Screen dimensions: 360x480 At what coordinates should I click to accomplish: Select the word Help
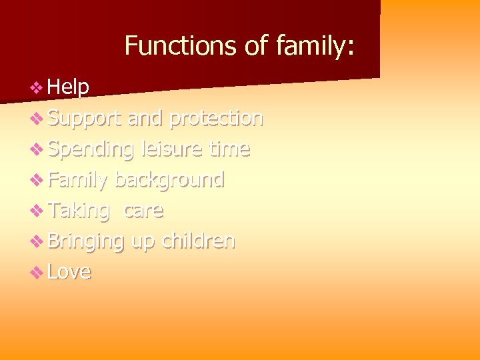pyautogui.click(x=69, y=87)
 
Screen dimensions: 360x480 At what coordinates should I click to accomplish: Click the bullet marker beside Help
pyautogui.click(x=37, y=87)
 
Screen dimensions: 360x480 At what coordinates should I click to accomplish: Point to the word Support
pyautogui.click(x=85, y=118)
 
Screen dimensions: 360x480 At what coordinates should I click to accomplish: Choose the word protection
pyautogui.click(x=216, y=118)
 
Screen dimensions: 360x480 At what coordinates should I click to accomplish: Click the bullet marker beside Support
pyautogui.click(x=37, y=119)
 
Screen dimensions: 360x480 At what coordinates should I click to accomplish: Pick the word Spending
pyautogui.click(x=91, y=149)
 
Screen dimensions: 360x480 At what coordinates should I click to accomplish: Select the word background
pyautogui.click(x=169, y=180)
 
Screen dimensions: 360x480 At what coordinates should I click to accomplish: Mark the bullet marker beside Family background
pyautogui.click(x=37, y=180)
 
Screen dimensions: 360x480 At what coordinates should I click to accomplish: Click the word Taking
pyautogui.click(x=79, y=211)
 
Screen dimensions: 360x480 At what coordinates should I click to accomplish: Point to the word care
pyautogui.click(x=143, y=211)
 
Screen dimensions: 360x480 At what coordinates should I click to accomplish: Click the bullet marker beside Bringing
pyautogui.click(x=37, y=241)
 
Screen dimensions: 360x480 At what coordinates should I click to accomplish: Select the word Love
pyautogui.click(x=69, y=271)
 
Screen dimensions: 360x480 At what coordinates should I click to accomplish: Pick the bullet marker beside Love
pyautogui.click(x=37, y=272)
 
